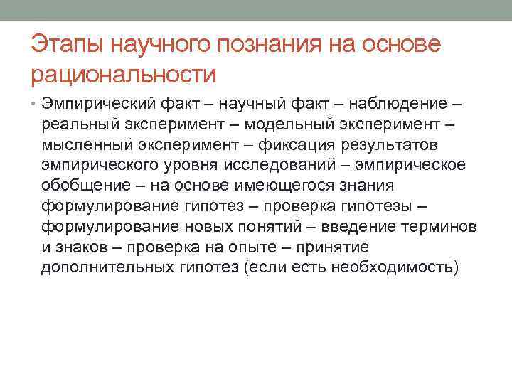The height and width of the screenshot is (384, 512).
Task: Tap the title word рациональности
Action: click(x=123, y=73)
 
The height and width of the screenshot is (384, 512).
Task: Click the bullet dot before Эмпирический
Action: click(x=33, y=105)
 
